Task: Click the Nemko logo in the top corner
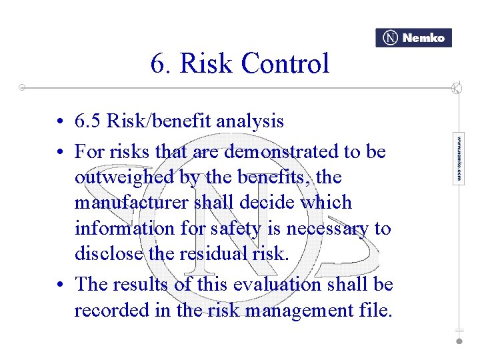413,38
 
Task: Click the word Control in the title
285,64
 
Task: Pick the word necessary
327,228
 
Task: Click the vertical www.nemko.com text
459,158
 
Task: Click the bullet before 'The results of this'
60,285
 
